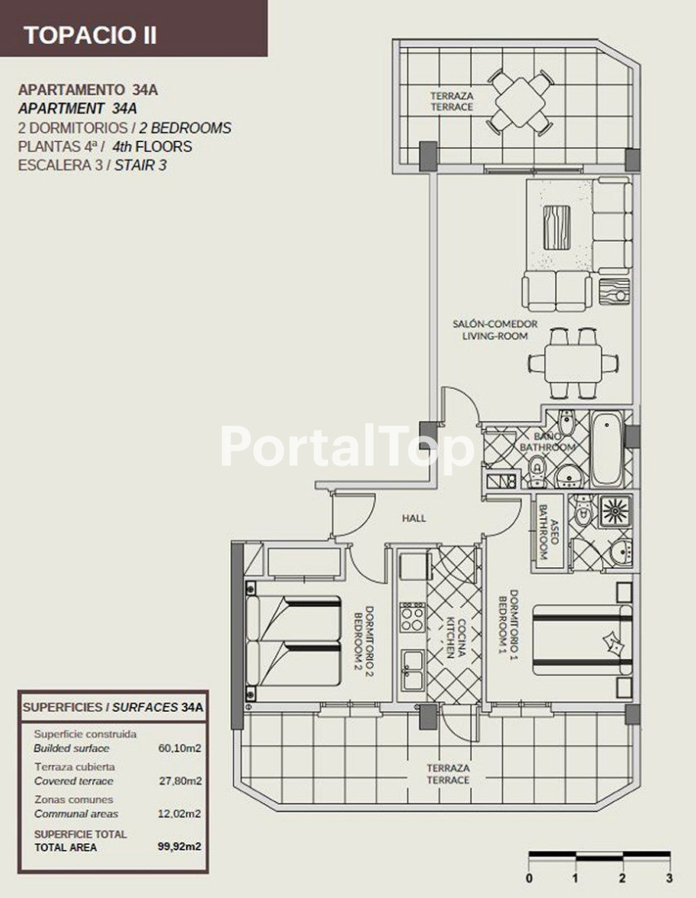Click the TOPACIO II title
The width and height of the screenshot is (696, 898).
pos(90,36)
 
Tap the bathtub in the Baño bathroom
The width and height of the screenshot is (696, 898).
pos(605,449)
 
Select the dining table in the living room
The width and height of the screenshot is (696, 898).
pos(573,363)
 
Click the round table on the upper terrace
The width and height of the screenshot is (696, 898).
pos(521,102)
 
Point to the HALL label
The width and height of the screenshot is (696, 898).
pos(414,518)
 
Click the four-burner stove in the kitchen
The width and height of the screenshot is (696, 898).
pos(412,617)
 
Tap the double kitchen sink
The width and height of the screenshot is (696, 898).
pos(412,671)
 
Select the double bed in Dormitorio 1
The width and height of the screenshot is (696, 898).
pos(582,639)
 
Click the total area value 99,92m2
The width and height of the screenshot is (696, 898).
pos(179,846)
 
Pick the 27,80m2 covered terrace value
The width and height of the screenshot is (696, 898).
pos(180,781)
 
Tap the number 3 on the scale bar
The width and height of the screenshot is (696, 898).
pos(669,878)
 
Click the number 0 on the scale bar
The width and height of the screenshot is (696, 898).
pos(529,878)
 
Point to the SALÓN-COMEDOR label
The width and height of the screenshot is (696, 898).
pos(495,323)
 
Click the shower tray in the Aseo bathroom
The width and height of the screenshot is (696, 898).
pos(615,511)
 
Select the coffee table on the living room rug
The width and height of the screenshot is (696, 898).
pos(556,227)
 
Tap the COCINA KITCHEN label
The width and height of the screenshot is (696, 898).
pos(456,638)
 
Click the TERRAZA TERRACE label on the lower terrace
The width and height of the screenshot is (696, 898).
pos(448,774)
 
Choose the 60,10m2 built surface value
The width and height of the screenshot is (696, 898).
pos(180,748)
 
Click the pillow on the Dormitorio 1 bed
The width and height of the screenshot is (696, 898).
pos(611,643)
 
